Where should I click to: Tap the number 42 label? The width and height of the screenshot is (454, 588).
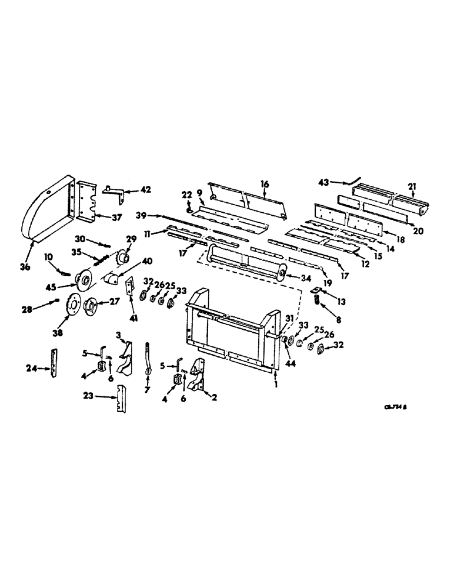pos(145,190)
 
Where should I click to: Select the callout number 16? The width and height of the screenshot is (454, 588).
pos(265,184)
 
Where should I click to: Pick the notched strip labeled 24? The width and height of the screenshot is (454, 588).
pos(55,365)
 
